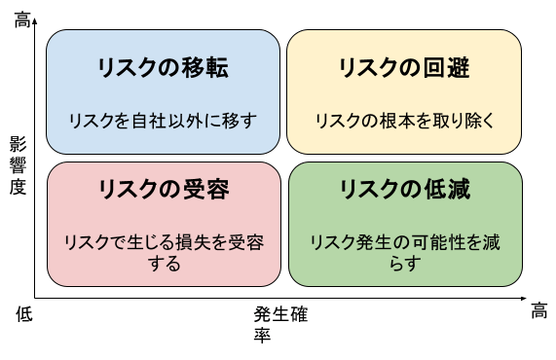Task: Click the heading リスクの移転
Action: click(x=164, y=69)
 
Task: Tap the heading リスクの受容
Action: click(x=164, y=189)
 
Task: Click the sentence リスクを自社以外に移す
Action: click(x=163, y=122)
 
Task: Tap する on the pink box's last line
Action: click(x=164, y=262)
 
